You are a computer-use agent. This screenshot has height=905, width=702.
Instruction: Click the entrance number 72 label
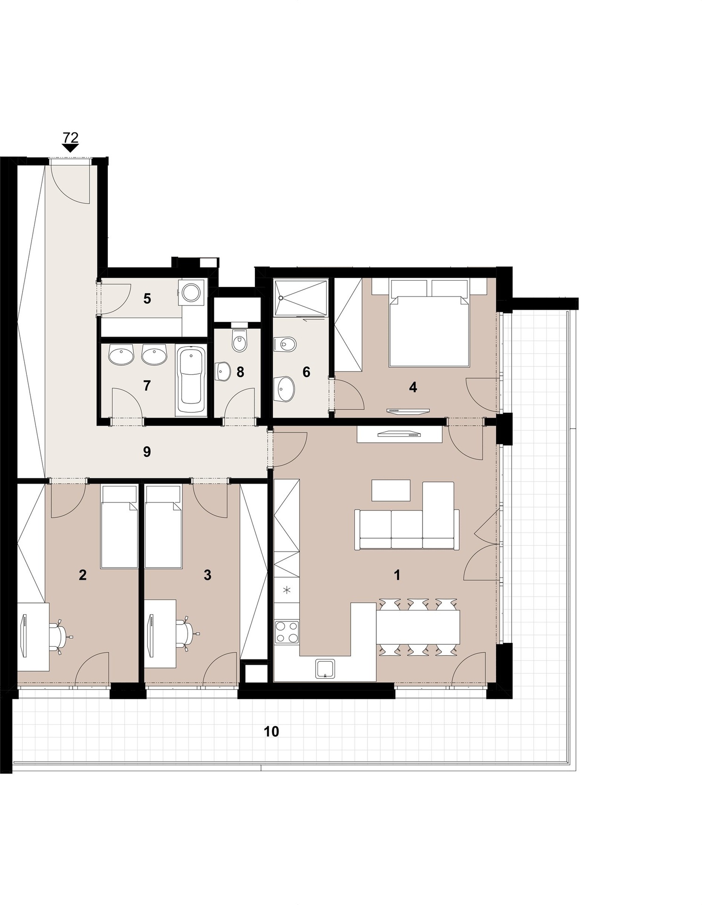pos(70,138)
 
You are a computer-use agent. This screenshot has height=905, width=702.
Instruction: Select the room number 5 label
pos(147,298)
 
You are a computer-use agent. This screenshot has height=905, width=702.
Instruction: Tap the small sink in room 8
pos(222,372)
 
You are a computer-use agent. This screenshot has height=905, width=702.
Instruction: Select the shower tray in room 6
pos(301,298)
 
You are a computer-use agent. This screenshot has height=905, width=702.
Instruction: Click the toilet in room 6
pos(286,344)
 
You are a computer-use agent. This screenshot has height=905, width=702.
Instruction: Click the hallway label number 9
pos(147,452)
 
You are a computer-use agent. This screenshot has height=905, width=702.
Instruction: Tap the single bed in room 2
pos(120,527)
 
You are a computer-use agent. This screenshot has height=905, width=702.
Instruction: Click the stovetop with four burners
pos(286,632)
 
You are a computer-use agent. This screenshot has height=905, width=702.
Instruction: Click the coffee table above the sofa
pos(391,490)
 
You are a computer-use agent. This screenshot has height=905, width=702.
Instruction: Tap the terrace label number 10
pos(271,731)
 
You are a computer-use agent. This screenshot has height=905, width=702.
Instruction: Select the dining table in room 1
pos(418,627)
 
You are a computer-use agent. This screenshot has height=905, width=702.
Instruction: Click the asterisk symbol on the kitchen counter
pos(286,589)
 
